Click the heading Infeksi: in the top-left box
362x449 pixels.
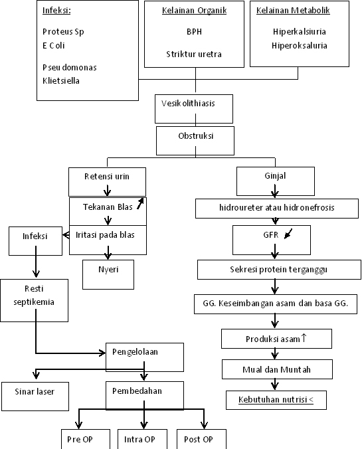click(x=56, y=11)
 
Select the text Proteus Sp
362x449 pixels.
click(x=63, y=32)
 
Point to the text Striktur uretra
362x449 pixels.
click(x=193, y=54)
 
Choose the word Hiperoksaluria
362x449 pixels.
click(x=299, y=46)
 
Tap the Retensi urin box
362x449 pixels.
click(x=107, y=177)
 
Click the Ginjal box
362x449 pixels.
click(x=270, y=177)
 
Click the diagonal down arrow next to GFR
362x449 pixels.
click(x=288, y=234)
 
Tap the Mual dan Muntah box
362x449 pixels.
click(x=276, y=369)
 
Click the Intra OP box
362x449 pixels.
click(x=139, y=440)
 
